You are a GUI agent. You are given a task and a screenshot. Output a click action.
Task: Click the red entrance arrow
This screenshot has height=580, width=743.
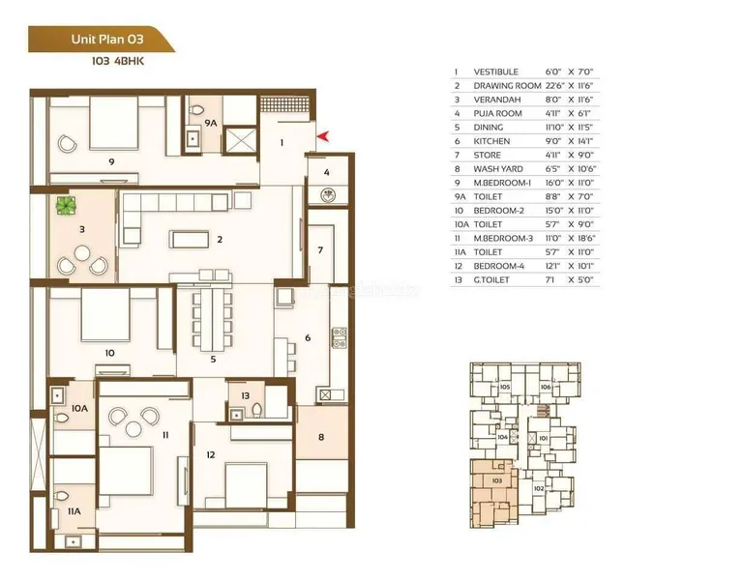click(x=323, y=137)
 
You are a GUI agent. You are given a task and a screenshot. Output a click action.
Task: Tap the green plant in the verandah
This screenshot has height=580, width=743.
click(x=67, y=206)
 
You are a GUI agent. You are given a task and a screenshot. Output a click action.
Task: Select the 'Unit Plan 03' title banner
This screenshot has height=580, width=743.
click(x=102, y=39)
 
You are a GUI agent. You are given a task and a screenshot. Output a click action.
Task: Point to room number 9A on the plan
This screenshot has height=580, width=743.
click(x=210, y=123)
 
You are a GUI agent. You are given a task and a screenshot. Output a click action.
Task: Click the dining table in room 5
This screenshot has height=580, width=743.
click(x=212, y=319)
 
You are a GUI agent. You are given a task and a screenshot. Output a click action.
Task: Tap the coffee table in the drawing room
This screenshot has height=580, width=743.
click(x=189, y=239)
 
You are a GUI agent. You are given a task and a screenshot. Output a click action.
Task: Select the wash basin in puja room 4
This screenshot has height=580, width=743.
click(x=327, y=194)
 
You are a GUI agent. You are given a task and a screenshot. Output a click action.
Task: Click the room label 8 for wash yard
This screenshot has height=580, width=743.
click(x=321, y=437)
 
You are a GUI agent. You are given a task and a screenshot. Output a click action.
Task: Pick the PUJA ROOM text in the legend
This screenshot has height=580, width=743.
click(x=497, y=114)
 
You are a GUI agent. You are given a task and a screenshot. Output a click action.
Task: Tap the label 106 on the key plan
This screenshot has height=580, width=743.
click(x=546, y=387)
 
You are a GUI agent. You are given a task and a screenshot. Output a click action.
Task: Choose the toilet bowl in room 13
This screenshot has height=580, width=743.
click(x=256, y=410)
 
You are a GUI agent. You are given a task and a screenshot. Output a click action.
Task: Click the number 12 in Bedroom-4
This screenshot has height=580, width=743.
click(x=210, y=455)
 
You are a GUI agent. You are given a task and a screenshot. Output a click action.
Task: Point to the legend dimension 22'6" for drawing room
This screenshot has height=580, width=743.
click(x=553, y=86)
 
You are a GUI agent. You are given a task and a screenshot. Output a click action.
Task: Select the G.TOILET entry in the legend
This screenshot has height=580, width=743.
click(x=491, y=279)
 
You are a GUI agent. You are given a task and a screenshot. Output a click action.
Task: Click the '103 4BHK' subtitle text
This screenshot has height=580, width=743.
click(x=117, y=61)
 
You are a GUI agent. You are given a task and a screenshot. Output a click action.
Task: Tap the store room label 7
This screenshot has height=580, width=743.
click(x=321, y=250)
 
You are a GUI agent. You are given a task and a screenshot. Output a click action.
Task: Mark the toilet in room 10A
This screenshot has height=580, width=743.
click(x=61, y=418)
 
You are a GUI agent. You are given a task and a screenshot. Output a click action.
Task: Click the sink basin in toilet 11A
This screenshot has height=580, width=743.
click(x=74, y=540)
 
